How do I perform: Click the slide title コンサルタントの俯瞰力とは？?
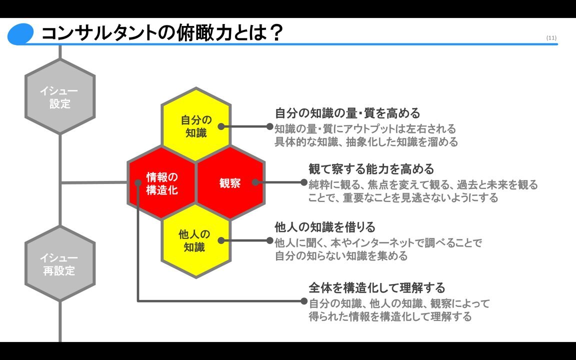[x=162, y=33]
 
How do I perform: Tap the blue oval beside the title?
[x=20, y=34]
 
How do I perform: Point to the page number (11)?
[x=551, y=38]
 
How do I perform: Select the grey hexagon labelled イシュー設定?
[x=60, y=97]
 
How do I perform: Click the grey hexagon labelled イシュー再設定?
[x=60, y=264]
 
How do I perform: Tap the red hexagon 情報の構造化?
[x=161, y=183]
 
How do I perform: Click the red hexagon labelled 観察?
[x=230, y=183]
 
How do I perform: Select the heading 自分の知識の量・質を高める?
[x=347, y=113]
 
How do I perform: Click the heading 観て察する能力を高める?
[x=371, y=169]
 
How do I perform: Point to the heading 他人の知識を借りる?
[x=325, y=227]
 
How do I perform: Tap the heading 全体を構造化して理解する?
[x=376, y=288]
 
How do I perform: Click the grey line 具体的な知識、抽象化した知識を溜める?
[x=366, y=142]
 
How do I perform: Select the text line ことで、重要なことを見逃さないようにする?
[x=403, y=198]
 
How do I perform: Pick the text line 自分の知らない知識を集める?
[x=341, y=256]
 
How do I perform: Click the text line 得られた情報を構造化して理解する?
[x=390, y=316]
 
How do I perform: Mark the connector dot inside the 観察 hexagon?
[x=255, y=183]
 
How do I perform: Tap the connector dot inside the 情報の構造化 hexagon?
[x=137, y=183]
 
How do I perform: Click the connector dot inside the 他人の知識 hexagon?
[x=220, y=240]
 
